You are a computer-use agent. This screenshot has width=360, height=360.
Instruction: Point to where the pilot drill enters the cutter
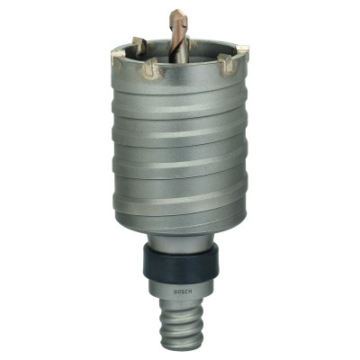click(x=180, y=57)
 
